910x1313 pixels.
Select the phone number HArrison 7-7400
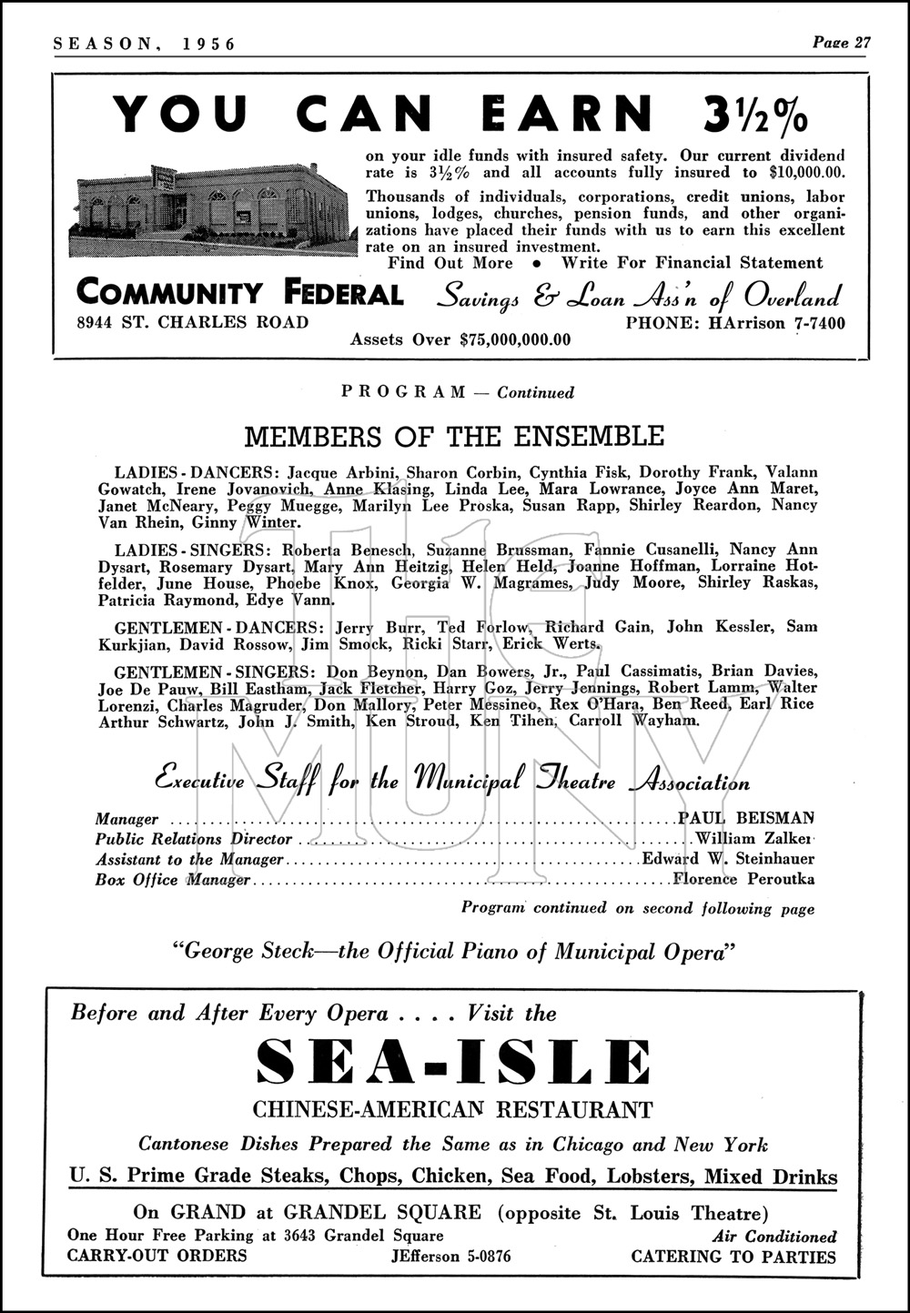click(x=735, y=323)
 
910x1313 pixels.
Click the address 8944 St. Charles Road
click(x=193, y=322)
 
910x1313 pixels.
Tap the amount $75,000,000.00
click(x=516, y=340)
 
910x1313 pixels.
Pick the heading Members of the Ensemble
click(x=455, y=436)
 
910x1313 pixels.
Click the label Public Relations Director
click(x=193, y=839)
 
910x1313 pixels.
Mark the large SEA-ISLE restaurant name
click(x=454, y=1062)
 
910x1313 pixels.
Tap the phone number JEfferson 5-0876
click(x=449, y=1257)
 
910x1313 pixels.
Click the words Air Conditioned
click(x=775, y=1237)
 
